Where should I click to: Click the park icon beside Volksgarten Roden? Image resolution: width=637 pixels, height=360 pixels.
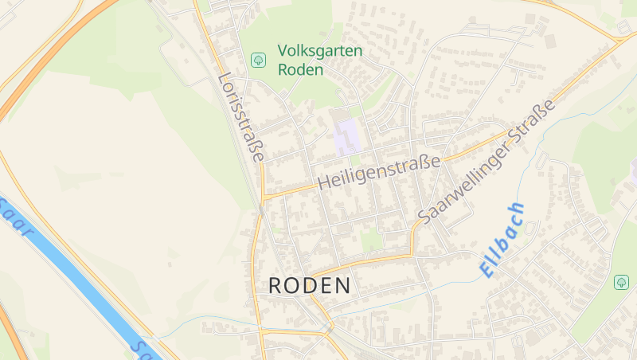tap(258, 60)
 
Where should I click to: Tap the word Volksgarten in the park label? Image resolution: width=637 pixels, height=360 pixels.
tap(319, 51)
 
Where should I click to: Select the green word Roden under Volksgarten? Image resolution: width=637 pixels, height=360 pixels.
tap(300, 69)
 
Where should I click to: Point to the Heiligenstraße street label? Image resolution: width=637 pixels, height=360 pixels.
tap(378, 172)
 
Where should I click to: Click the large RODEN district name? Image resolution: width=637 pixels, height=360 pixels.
tap(309, 286)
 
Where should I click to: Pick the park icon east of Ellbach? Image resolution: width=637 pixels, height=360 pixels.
tap(621, 282)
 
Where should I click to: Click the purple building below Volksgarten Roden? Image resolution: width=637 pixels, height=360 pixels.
tap(346, 136)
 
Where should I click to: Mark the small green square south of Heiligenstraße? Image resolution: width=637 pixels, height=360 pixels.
tap(370, 237)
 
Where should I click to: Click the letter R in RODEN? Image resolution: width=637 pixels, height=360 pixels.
tap(276, 286)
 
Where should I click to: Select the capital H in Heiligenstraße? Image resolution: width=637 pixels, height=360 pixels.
tap(322, 183)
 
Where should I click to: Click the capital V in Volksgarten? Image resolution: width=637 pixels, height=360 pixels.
tap(283, 51)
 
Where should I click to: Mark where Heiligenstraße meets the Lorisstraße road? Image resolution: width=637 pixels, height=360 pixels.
tap(264, 195)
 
